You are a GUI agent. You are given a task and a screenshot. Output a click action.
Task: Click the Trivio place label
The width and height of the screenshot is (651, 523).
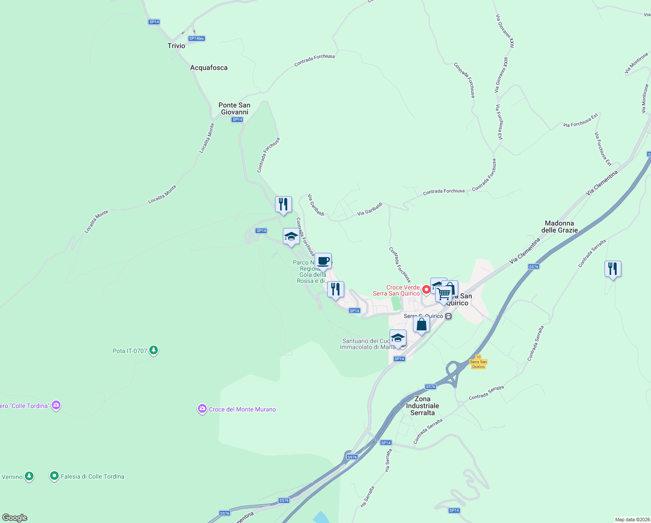click(176, 46)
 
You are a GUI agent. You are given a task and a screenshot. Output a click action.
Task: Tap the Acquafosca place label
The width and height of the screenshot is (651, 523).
click(209, 68)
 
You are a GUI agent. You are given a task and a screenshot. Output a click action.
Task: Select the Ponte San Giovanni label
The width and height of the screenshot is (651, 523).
click(234, 109)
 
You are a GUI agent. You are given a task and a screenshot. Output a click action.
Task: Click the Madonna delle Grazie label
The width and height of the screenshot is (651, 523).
click(559, 227)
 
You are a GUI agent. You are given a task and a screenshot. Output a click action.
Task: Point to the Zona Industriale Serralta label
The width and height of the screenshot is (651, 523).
click(422, 406)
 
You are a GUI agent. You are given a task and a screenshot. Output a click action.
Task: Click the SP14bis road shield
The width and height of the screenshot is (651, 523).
click(197, 38)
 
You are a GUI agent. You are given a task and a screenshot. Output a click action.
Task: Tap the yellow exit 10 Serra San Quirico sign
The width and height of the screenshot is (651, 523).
click(478, 362)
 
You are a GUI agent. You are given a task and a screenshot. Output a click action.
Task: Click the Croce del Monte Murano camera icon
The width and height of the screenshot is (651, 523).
click(202, 409)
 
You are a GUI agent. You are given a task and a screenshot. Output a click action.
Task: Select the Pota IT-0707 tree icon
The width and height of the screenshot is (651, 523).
click(153, 350)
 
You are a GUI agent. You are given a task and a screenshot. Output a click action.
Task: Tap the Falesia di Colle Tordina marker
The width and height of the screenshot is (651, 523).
click(54, 476)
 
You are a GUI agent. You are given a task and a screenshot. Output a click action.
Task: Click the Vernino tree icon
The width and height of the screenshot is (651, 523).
click(29, 476)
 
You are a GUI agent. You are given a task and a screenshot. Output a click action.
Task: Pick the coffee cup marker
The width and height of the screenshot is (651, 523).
click(323, 261)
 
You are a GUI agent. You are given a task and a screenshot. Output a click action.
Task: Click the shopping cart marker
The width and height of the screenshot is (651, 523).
click(443, 294)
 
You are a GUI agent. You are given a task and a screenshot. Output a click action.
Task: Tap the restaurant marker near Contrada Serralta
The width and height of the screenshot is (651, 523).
click(613, 269)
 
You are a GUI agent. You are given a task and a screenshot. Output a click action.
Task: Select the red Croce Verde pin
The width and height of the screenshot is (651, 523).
click(426, 289)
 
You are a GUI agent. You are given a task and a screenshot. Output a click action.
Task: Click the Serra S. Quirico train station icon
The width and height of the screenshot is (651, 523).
click(449, 316)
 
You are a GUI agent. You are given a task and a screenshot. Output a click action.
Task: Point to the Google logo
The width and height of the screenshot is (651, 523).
click(14, 518)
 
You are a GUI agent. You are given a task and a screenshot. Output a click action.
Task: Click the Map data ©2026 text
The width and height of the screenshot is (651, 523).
click(632, 520)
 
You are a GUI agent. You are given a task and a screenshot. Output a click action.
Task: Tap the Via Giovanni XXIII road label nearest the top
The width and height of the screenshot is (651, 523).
click(505, 31)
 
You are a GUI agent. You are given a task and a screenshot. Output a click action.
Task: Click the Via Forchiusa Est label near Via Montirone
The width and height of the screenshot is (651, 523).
click(603, 149)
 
